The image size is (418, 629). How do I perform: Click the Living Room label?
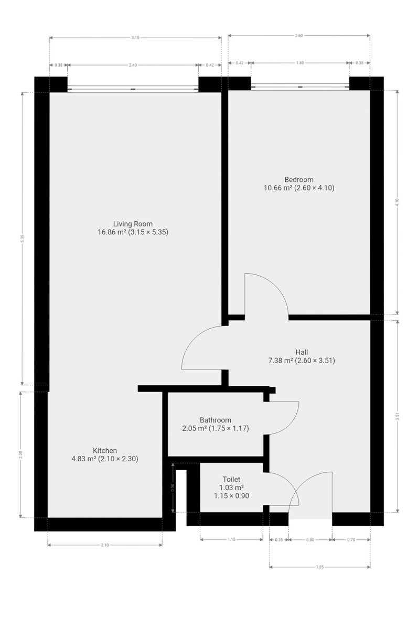click(x=133, y=224)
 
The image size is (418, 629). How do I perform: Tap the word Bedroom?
click(x=299, y=179)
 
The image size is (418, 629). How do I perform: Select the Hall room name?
click(x=302, y=352)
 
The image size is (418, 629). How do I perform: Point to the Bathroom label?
click(x=216, y=420)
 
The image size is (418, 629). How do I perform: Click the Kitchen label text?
click(x=105, y=450)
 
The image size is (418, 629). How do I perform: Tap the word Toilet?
click(x=231, y=479)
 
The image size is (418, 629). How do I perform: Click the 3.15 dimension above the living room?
click(x=135, y=38)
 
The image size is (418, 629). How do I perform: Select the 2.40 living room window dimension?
click(x=133, y=65)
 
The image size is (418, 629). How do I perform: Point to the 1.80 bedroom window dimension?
click(x=300, y=63)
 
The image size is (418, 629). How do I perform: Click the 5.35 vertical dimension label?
click(x=23, y=238)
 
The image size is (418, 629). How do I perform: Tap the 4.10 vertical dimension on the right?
click(x=397, y=202)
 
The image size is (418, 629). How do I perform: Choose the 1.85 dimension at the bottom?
click(x=320, y=567)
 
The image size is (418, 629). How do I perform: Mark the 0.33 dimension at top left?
click(x=58, y=65)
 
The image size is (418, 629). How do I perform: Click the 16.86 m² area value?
click(x=112, y=232)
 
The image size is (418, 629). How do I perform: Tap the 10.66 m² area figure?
click(x=278, y=188)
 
